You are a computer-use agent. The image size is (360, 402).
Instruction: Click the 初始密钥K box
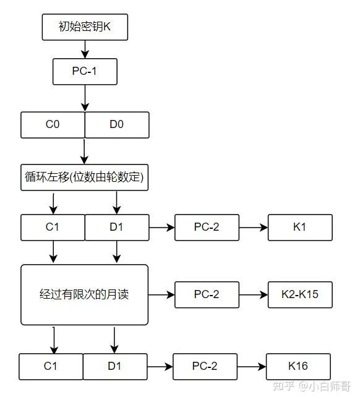click(x=85, y=27)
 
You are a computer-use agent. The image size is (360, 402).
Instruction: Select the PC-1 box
click(x=85, y=72)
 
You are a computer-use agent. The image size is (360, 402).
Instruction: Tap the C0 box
click(x=53, y=125)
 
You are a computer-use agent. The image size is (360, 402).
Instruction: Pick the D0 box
click(x=117, y=125)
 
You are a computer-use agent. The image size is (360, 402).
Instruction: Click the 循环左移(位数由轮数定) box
click(x=84, y=177)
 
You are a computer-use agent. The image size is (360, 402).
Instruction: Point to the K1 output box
click(x=300, y=228)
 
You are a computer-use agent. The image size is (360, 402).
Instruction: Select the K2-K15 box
click(x=300, y=294)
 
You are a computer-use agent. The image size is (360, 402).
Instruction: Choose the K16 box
click(x=298, y=367)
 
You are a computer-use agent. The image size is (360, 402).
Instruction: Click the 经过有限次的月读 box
click(x=84, y=295)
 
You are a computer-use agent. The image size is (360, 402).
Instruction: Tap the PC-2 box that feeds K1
click(x=207, y=228)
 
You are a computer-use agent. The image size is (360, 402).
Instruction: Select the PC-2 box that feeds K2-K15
click(x=207, y=294)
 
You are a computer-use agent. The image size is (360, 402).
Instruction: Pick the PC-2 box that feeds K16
click(x=205, y=367)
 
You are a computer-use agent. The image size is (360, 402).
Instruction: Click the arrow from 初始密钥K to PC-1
click(x=85, y=49)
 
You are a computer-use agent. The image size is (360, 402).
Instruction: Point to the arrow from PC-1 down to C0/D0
click(x=85, y=98)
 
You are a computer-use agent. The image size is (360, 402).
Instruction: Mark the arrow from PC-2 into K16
click(x=252, y=367)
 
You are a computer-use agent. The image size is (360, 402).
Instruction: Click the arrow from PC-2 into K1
click(x=254, y=228)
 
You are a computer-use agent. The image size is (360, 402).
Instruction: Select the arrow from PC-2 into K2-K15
click(x=254, y=294)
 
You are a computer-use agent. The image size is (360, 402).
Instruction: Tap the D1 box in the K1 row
click(x=117, y=228)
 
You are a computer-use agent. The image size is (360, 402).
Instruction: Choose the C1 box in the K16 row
click(x=51, y=367)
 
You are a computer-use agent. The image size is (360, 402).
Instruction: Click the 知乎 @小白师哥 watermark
click(x=311, y=387)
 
